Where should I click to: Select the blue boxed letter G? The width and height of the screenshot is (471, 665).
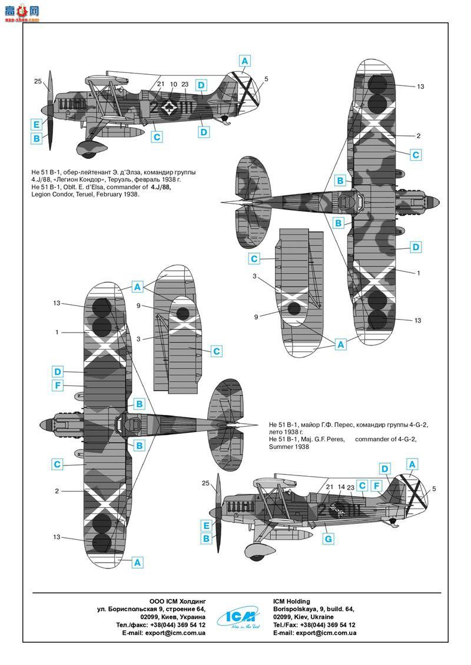click(x=328, y=538)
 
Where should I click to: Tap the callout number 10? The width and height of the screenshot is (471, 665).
click(x=173, y=84)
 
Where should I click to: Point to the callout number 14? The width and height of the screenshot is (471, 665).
click(x=340, y=487)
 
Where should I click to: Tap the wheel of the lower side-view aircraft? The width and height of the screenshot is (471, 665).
click(x=255, y=551)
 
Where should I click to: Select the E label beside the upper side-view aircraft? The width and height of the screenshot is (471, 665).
click(x=37, y=124)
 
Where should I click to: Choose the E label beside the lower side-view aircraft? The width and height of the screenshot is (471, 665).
click(x=206, y=526)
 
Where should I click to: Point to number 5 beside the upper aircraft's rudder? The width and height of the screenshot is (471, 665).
click(x=266, y=79)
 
